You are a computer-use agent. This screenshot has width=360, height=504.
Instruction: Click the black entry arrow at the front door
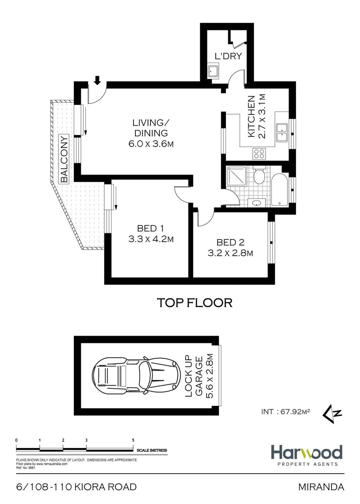[97, 81]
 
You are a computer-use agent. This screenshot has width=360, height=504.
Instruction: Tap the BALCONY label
[64, 159]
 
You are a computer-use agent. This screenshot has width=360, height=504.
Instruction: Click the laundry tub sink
[214, 72]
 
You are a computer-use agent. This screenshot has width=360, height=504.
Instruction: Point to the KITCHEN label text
[251, 117]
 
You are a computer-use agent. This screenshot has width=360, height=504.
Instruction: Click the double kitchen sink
[282, 132]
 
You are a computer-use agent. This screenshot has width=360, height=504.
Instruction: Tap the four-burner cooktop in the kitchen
[259, 153]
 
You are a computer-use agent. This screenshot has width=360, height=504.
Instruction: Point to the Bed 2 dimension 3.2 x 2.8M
[230, 253]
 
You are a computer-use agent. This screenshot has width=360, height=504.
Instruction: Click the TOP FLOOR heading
[194, 303]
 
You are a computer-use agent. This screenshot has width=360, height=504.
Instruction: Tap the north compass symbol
[335, 413]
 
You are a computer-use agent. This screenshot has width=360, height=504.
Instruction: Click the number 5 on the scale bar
[134, 440]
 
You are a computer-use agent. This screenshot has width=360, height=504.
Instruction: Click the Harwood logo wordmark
[306, 452]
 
